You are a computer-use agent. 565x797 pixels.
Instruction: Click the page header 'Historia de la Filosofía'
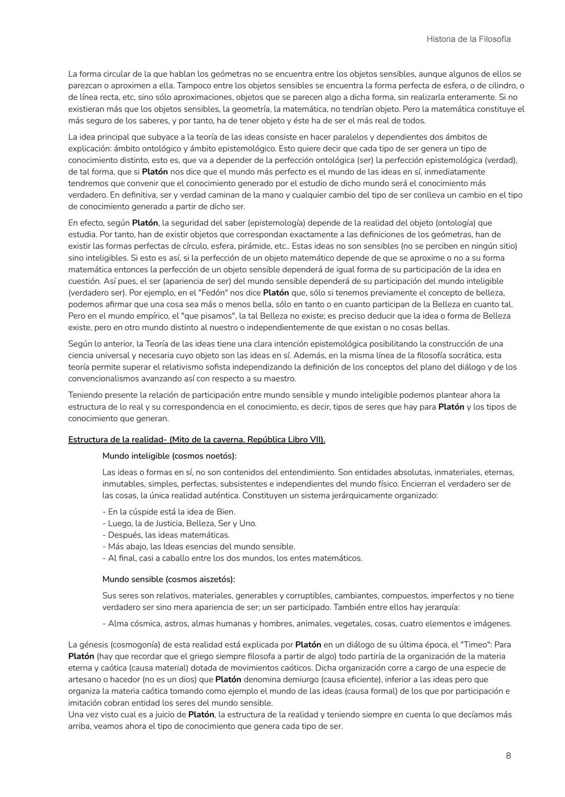(468, 39)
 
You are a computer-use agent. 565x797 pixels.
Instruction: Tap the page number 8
(508, 755)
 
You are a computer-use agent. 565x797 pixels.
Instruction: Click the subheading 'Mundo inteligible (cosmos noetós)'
(169, 456)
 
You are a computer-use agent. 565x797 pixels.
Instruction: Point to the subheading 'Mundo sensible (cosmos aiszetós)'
(168, 579)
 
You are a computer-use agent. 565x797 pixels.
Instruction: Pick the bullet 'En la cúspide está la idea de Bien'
(168, 512)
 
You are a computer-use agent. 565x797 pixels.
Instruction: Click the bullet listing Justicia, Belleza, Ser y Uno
(179, 523)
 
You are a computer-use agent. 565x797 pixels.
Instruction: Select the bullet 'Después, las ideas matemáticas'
(166, 535)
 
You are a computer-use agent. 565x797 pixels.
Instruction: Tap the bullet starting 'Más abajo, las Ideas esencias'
(198, 546)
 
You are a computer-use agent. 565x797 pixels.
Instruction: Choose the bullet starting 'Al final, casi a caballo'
(232, 558)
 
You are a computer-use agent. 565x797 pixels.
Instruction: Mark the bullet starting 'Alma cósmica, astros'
(307, 623)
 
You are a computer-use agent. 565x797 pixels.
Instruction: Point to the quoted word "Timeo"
(475, 644)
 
